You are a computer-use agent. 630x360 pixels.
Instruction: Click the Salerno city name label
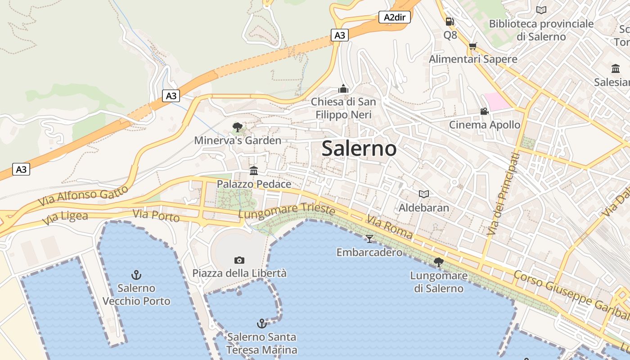359,148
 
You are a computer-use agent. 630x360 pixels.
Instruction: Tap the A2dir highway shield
394,17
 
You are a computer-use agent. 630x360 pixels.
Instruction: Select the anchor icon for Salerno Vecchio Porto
136,274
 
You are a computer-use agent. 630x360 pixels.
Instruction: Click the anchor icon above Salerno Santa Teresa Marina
261,323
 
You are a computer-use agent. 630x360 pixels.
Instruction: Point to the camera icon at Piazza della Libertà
239,260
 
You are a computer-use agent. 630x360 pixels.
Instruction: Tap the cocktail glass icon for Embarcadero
369,238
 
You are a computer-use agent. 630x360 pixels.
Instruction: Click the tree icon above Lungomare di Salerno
438,262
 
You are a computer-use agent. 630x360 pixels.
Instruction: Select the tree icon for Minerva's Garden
238,127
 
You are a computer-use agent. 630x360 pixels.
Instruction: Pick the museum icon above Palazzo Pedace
254,171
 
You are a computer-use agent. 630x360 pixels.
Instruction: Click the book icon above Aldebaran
424,194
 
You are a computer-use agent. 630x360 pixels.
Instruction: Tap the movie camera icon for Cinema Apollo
484,111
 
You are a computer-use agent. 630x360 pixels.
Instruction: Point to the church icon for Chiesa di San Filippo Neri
343,89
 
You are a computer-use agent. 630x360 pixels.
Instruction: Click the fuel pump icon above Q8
450,21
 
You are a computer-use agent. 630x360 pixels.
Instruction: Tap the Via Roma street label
389,227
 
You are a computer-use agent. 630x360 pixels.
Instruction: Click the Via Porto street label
156,216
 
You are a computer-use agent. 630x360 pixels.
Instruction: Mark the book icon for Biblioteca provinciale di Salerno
541,10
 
